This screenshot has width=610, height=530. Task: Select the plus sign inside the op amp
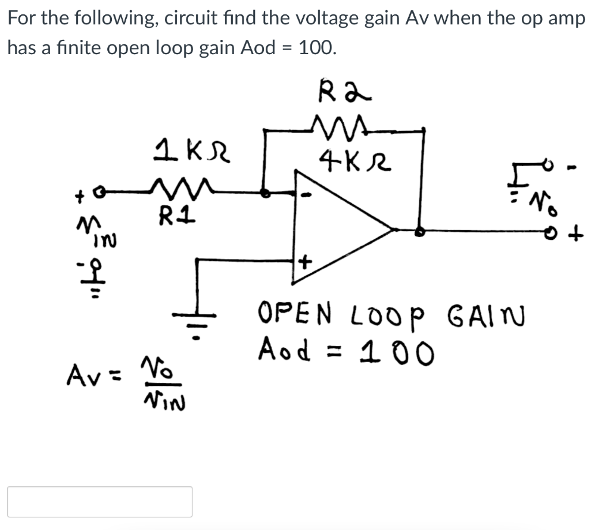tap(305, 260)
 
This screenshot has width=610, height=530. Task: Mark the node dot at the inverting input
tap(267, 192)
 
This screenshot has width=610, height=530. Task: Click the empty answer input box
tap(99, 501)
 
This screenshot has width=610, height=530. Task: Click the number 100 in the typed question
tap(315, 48)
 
